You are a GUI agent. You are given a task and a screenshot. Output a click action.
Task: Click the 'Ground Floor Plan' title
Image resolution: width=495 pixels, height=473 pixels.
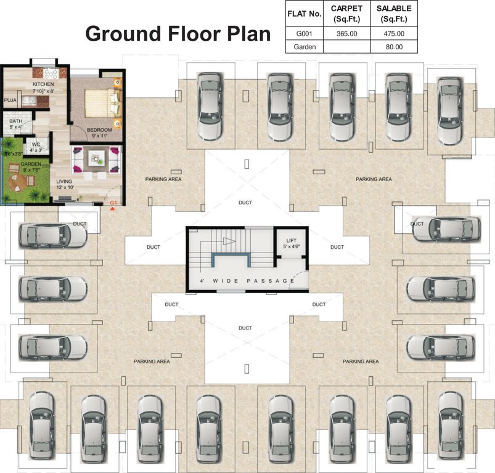[178, 34]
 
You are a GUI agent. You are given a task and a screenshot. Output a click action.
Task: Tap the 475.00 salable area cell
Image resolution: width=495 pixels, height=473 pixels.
[394, 34]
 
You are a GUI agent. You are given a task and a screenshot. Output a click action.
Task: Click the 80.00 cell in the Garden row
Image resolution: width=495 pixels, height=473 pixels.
[394, 47]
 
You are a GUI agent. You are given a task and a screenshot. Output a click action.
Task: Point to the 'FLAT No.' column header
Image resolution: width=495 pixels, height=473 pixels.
[305, 13]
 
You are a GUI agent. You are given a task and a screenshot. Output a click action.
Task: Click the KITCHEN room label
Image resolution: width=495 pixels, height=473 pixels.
[44, 84]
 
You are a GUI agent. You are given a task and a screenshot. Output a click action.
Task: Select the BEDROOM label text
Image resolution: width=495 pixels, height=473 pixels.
[99, 130]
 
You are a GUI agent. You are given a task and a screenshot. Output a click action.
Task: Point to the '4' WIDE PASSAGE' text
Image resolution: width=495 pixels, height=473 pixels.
[247, 281]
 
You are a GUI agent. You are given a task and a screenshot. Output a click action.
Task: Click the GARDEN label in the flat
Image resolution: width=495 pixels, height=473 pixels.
[31, 164]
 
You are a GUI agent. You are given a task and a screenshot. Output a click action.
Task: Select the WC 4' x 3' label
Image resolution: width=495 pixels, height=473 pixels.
[36, 147]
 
